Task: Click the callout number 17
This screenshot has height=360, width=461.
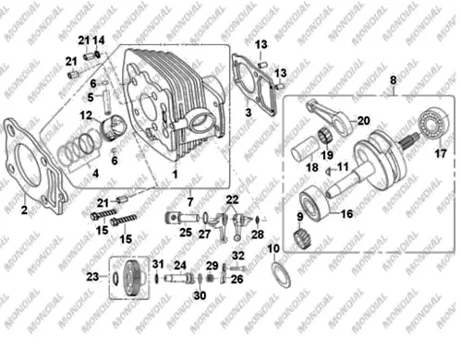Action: pyautogui.click(x=440, y=153)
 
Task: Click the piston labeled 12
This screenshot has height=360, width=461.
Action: pyautogui.click(x=115, y=127)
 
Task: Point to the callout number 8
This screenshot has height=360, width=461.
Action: pyautogui.click(x=393, y=80)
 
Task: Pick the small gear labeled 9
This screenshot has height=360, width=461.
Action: pyautogui.click(x=301, y=239)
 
